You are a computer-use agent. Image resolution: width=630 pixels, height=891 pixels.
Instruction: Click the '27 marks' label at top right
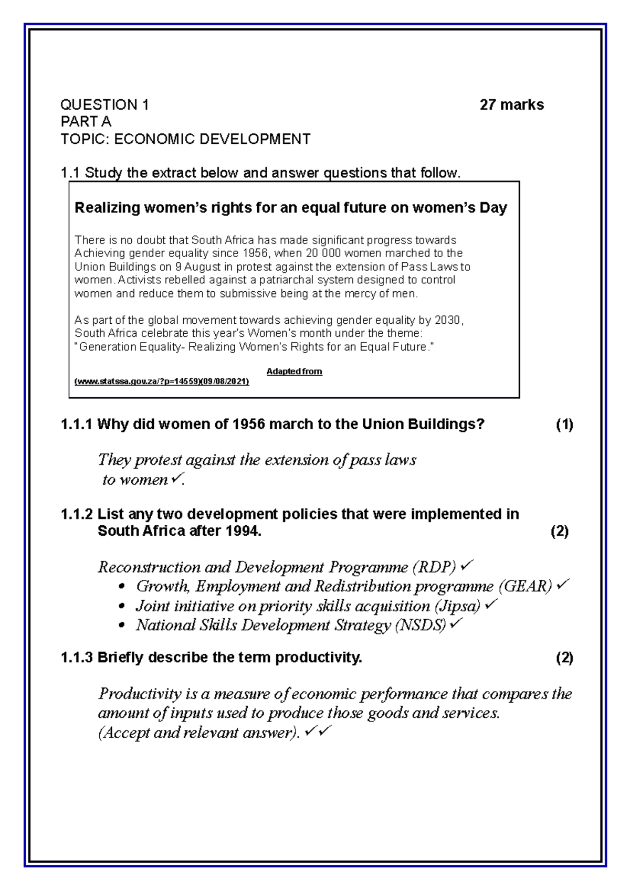(x=511, y=105)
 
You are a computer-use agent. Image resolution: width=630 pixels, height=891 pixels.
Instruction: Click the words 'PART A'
(x=86, y=122)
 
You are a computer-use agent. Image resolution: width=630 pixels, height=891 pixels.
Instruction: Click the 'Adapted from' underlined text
(x=294, y=372)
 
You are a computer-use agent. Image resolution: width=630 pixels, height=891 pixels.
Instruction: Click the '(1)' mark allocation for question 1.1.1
(x=564, y=425)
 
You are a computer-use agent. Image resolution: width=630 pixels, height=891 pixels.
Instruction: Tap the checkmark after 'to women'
(x=176, y=479)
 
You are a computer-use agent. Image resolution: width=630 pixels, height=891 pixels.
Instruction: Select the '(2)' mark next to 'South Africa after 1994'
(x=560, y=531)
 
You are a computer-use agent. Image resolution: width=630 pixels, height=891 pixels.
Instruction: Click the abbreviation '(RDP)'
(x=435, y=567)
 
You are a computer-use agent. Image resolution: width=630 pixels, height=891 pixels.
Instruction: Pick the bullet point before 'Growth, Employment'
(x=122, y=587)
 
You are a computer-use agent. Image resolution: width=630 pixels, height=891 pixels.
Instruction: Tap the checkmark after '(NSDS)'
(x=456, y=624)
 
